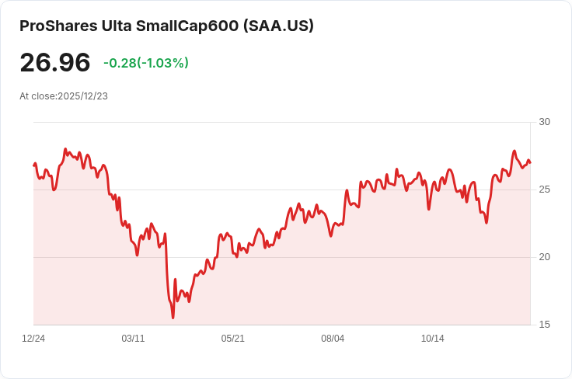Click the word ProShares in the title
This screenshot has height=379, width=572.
pyautogui.click(x=54, y=26)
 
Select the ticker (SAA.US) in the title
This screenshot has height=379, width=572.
pyautogui.click(x=278, y=26)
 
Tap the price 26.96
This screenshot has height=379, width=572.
pyautogui.click(x=55, y=63)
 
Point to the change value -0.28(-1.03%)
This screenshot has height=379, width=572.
pyautogui.click(x=146, y=63)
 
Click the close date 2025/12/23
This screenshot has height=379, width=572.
pyautogui.click(x=82, y=96)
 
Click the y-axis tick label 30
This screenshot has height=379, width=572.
pyautogui.click(x=544, y=122)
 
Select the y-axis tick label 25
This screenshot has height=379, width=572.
pyautogui.click(x=544, y=189)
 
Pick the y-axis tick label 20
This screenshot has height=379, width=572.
pyautogui.click(x=544, y=257)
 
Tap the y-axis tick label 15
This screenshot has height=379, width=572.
pyautogui.click(x=544, y=325)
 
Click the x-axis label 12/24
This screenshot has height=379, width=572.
pyautogui.click(x=33, y=339)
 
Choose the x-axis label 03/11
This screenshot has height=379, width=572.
pyautogui.click(x=133, y=339)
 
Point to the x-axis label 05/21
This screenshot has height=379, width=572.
pyautogui.click(x=232, y=339)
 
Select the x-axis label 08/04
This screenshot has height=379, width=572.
pyautogui.click(x=333, y=339)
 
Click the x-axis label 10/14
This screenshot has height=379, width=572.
pyautogui.click(x=432, y=339)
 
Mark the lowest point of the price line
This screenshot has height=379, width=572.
pyautogui.click(x=173, y=317)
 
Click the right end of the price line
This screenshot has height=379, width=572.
pyautogui.click(x=530, y=163)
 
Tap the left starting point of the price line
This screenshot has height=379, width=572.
pyautogui.click(x=34, y=165)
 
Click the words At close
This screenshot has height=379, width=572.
pyautogui.click(x=38, y=96)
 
